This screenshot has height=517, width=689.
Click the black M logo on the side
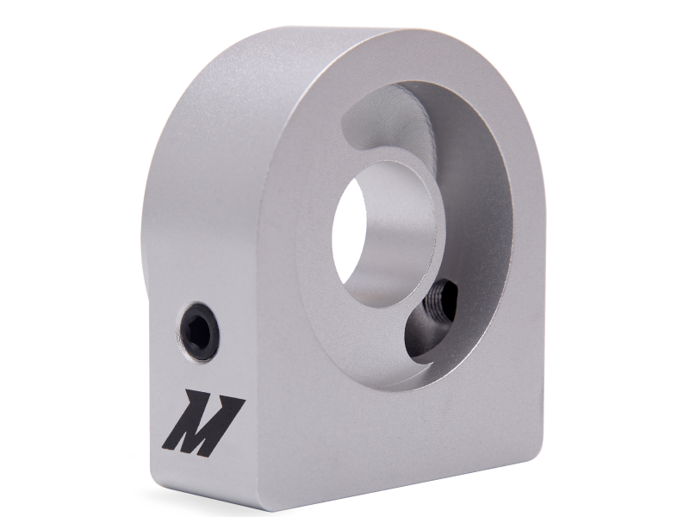[202, 421]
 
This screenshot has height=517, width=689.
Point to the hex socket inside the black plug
[198, 329]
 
